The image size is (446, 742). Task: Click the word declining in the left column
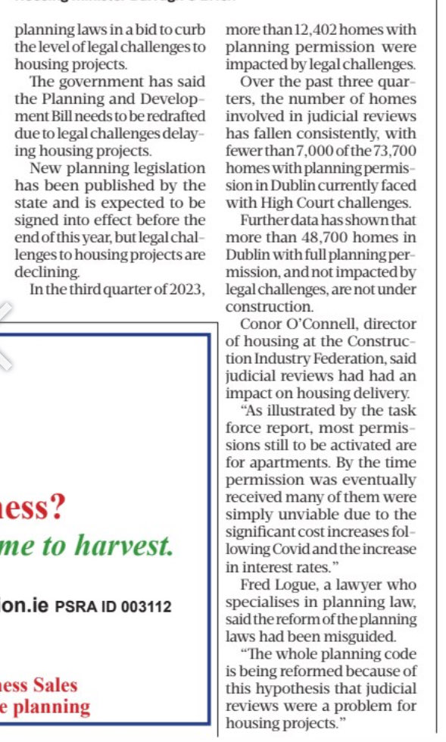(x=44, y=271)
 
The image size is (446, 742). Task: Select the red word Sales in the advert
(x=54, y=684)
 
